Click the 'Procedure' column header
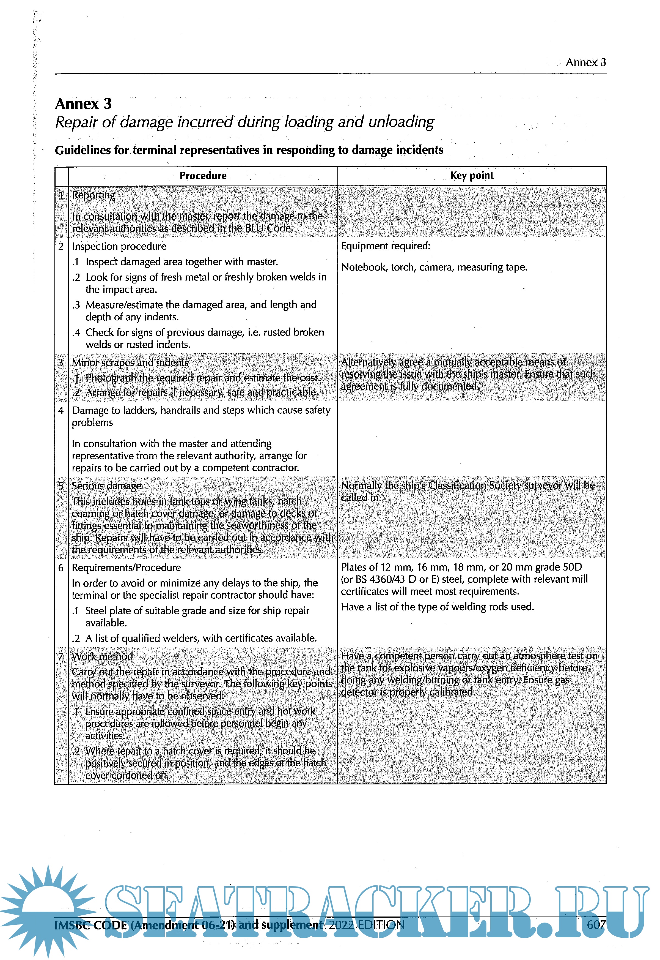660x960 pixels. [x=203, y=176]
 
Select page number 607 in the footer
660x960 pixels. [x=596, y=924]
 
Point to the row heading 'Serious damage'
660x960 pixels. [x=106, y=486]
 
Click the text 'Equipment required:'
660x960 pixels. [x=386, y=246]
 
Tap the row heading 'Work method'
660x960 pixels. [x=102, y=656]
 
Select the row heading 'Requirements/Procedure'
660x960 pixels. [x=126, y=567]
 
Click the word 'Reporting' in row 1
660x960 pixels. [x=94, y=195]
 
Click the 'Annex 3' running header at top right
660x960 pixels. [x=585, y=62]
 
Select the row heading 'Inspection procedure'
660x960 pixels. [x=119, y=246]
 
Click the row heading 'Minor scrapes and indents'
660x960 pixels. [x=130, y=362]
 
